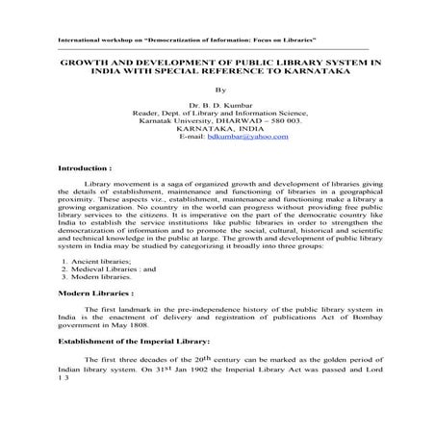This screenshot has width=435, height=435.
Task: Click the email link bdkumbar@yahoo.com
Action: [x=248, y=138]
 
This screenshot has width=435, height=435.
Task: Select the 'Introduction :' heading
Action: [x=85, y=167]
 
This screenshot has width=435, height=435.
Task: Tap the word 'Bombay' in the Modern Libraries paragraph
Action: [x=355, y=317]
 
